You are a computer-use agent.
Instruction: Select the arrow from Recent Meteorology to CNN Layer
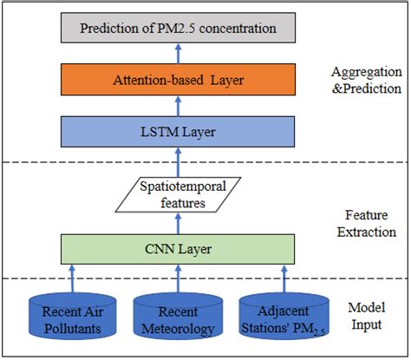(x=178, y=278)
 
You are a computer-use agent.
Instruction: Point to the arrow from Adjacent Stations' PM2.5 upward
(x=285, y=278)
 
